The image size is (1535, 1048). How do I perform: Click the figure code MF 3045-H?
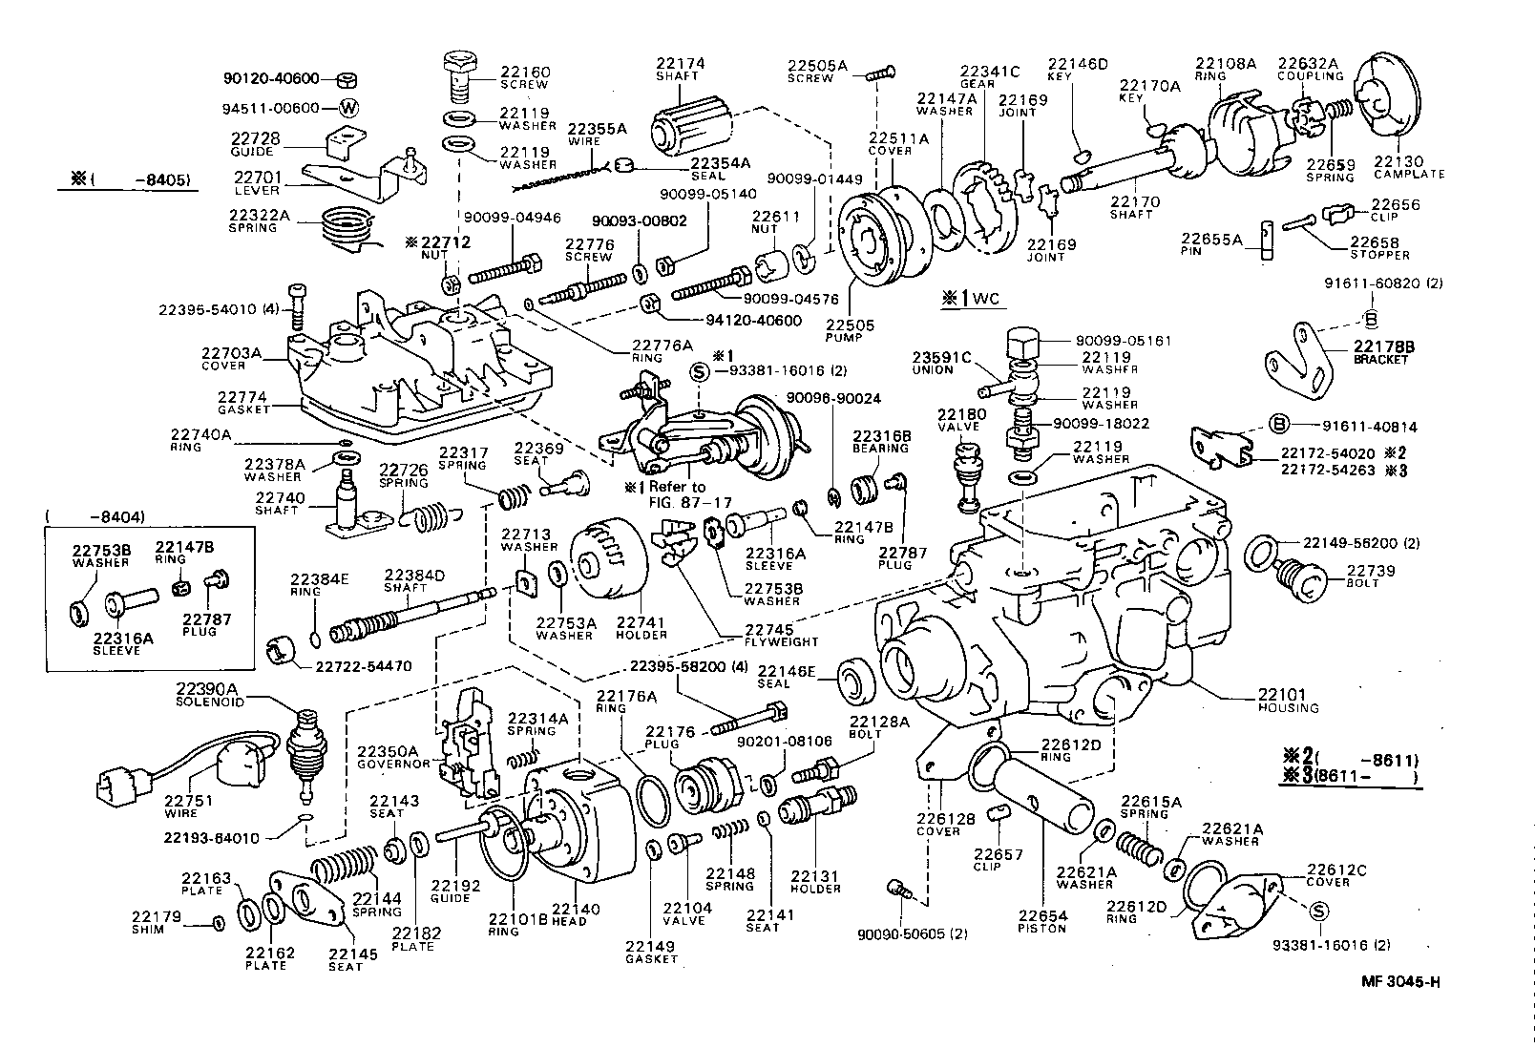point(1400,982)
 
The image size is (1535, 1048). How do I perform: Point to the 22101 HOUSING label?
point(1287,701)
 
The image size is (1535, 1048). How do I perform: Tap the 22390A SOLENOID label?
point(209,694)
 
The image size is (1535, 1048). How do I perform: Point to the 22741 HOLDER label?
point(641,628)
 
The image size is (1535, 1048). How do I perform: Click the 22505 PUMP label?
point(850,330)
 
